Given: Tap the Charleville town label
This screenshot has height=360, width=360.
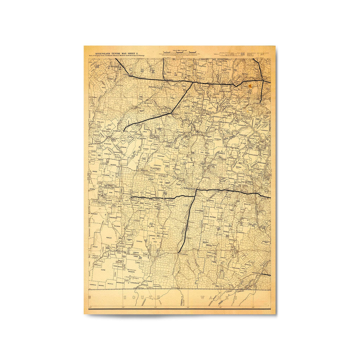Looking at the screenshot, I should [x=189, y=188].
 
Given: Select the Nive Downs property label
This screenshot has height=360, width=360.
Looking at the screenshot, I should [x=204, y=152].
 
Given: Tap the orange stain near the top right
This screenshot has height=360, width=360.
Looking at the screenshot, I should [x=249, y=85].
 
